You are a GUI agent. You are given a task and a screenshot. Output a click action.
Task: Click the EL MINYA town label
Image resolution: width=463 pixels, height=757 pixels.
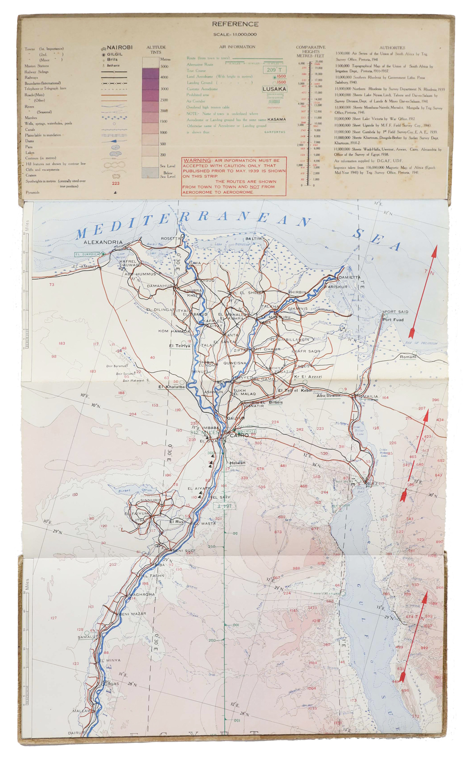point(110,660)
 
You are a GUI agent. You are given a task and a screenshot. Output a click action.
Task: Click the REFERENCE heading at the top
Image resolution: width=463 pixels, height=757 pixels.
point(235,24)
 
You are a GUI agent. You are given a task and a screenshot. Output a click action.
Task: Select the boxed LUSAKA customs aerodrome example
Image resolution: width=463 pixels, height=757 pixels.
point(274,89)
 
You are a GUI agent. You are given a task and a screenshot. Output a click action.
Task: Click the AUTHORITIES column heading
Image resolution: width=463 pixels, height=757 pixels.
point(392,48)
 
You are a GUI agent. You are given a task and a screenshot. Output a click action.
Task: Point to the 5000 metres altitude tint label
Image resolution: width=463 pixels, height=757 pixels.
point(164,66)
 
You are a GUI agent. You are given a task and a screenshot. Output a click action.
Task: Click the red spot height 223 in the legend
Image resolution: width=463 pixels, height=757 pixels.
point(116,183)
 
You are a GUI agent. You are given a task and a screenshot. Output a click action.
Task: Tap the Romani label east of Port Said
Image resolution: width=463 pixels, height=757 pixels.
point(407,357)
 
